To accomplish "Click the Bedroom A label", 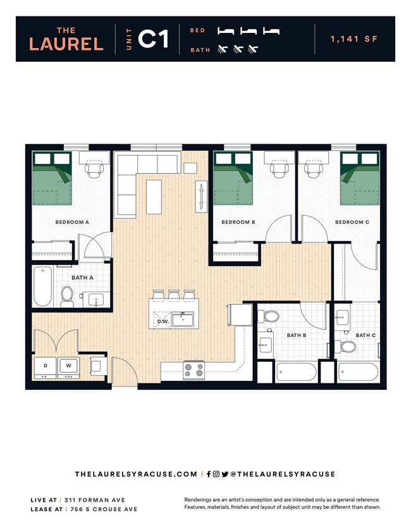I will [x=72, y=222].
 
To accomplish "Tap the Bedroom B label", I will [x=238, y=222].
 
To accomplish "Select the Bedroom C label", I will [x=352, y=222].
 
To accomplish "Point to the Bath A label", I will [x=82, y=278].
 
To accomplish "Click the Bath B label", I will [x=297, y=335].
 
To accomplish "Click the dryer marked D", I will [x=46, y=366].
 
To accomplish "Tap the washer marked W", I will [x=68, y=366].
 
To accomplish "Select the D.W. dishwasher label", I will [x=163, y=321].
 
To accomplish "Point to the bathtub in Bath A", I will [x=42, y=286].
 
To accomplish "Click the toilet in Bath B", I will [x=271, y=316].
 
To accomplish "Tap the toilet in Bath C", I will [x=347, y=346].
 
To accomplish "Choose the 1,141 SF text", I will [x=353, y=39].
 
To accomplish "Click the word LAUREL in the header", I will [x=66, y=44].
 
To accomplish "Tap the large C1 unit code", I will [x=153, y=39].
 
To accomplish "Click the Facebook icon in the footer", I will [x=209, y=474].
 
